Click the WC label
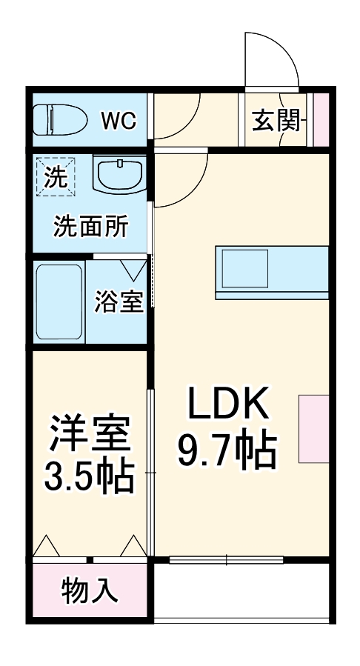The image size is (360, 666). (x=118, y=120)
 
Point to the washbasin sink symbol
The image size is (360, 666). (x=118, y=176)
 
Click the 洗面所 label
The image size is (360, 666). (x=90, y=226)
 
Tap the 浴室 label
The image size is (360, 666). (x=118, y=302)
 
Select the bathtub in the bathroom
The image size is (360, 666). (x=59, y=302)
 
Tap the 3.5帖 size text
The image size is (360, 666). (x=90, y=478)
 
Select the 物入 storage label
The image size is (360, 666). (x=90, y=590)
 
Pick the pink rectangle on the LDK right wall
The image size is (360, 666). (x=313, y=429)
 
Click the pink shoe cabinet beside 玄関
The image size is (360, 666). (x=320, y=120)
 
